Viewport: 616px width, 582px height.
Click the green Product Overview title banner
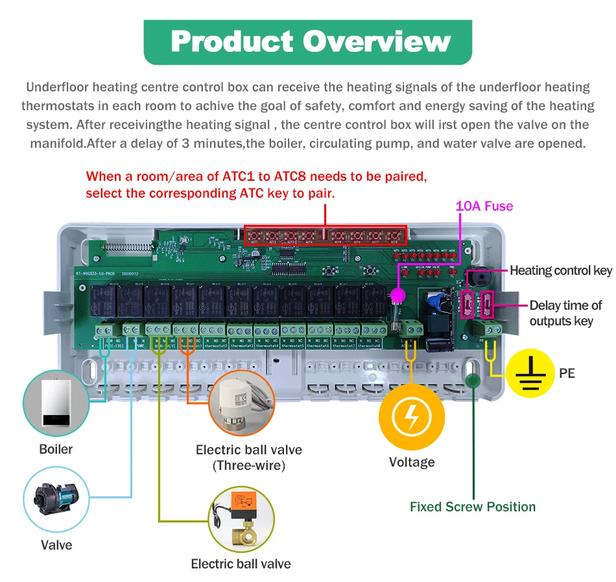coord(308,41)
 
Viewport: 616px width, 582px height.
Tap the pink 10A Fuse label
coord(484,206)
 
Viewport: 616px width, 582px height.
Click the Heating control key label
coord(561,270)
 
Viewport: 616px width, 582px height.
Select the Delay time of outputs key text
coord(565,313)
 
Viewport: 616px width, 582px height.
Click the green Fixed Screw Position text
coord(473,507)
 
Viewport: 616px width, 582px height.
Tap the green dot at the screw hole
coord(473,380)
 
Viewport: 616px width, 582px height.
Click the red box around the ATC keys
coord(325,235)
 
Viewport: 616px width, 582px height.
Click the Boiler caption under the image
coord(56,449)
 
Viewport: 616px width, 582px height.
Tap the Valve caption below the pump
coord(56,545)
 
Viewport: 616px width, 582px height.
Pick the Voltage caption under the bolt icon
coord(412,462)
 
